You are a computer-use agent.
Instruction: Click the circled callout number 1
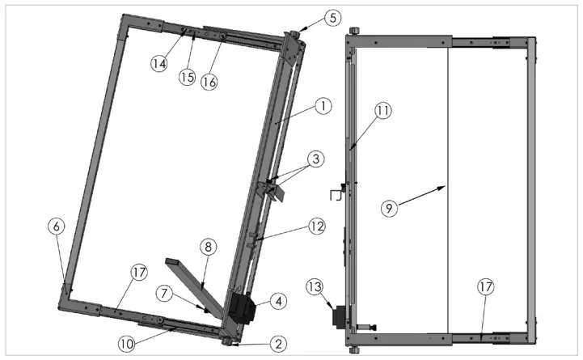321,106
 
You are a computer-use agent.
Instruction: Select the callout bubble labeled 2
277,344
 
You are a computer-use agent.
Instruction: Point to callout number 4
278,300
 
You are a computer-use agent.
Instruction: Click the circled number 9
389,208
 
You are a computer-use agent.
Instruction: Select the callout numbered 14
160,63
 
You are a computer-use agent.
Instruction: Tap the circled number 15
188,76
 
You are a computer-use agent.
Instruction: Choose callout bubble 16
209,81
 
